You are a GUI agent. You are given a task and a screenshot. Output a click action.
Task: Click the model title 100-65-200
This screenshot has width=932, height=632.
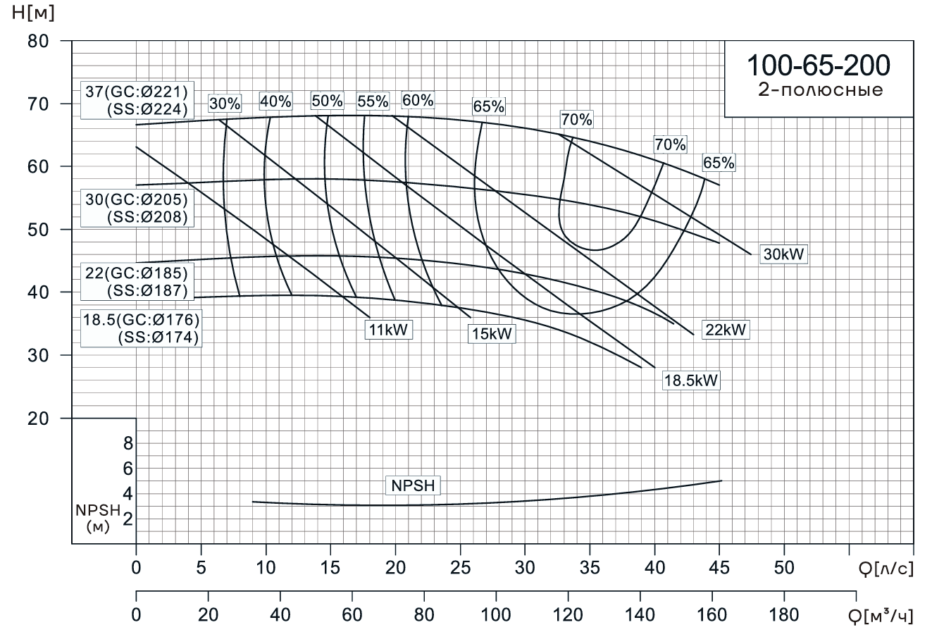pyautogui.click(x=818, y=65)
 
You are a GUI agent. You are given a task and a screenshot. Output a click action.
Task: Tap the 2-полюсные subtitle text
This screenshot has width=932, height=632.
pyautogui.click(x=818, y=90)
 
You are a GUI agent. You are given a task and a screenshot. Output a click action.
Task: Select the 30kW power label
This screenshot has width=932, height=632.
pyautogui.click(x=784, y=255)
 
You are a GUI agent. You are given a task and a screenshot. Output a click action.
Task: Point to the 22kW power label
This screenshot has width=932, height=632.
pyautogui.click(x=725, y=330)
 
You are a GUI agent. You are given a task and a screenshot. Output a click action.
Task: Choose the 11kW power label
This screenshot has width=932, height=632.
pyautogui.click(x=388, y=330)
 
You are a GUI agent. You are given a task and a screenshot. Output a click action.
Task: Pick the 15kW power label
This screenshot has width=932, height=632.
pyautogui.click(x=492, y=334)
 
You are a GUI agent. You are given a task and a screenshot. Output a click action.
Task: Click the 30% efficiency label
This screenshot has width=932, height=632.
pyautogui.click(x=225, y=104)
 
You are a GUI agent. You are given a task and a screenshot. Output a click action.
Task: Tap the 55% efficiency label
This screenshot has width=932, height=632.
pyautogui.click(x=373, y=101)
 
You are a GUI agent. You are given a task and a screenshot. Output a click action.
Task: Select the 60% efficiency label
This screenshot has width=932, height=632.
pyautogui.click(x=418, y=100)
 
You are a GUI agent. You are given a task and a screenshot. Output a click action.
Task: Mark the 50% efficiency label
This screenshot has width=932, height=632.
pyautogui.click(x=327, y=101)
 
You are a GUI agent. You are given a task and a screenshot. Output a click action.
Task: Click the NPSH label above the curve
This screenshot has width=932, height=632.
pyautogui.click(x=412, y=485)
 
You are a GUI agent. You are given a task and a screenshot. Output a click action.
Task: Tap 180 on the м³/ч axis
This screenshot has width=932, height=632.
pyautogui.click(x=784, y=615)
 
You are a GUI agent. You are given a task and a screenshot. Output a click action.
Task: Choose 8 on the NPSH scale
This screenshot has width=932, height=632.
pyautogui.click(x=128, y=443)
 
